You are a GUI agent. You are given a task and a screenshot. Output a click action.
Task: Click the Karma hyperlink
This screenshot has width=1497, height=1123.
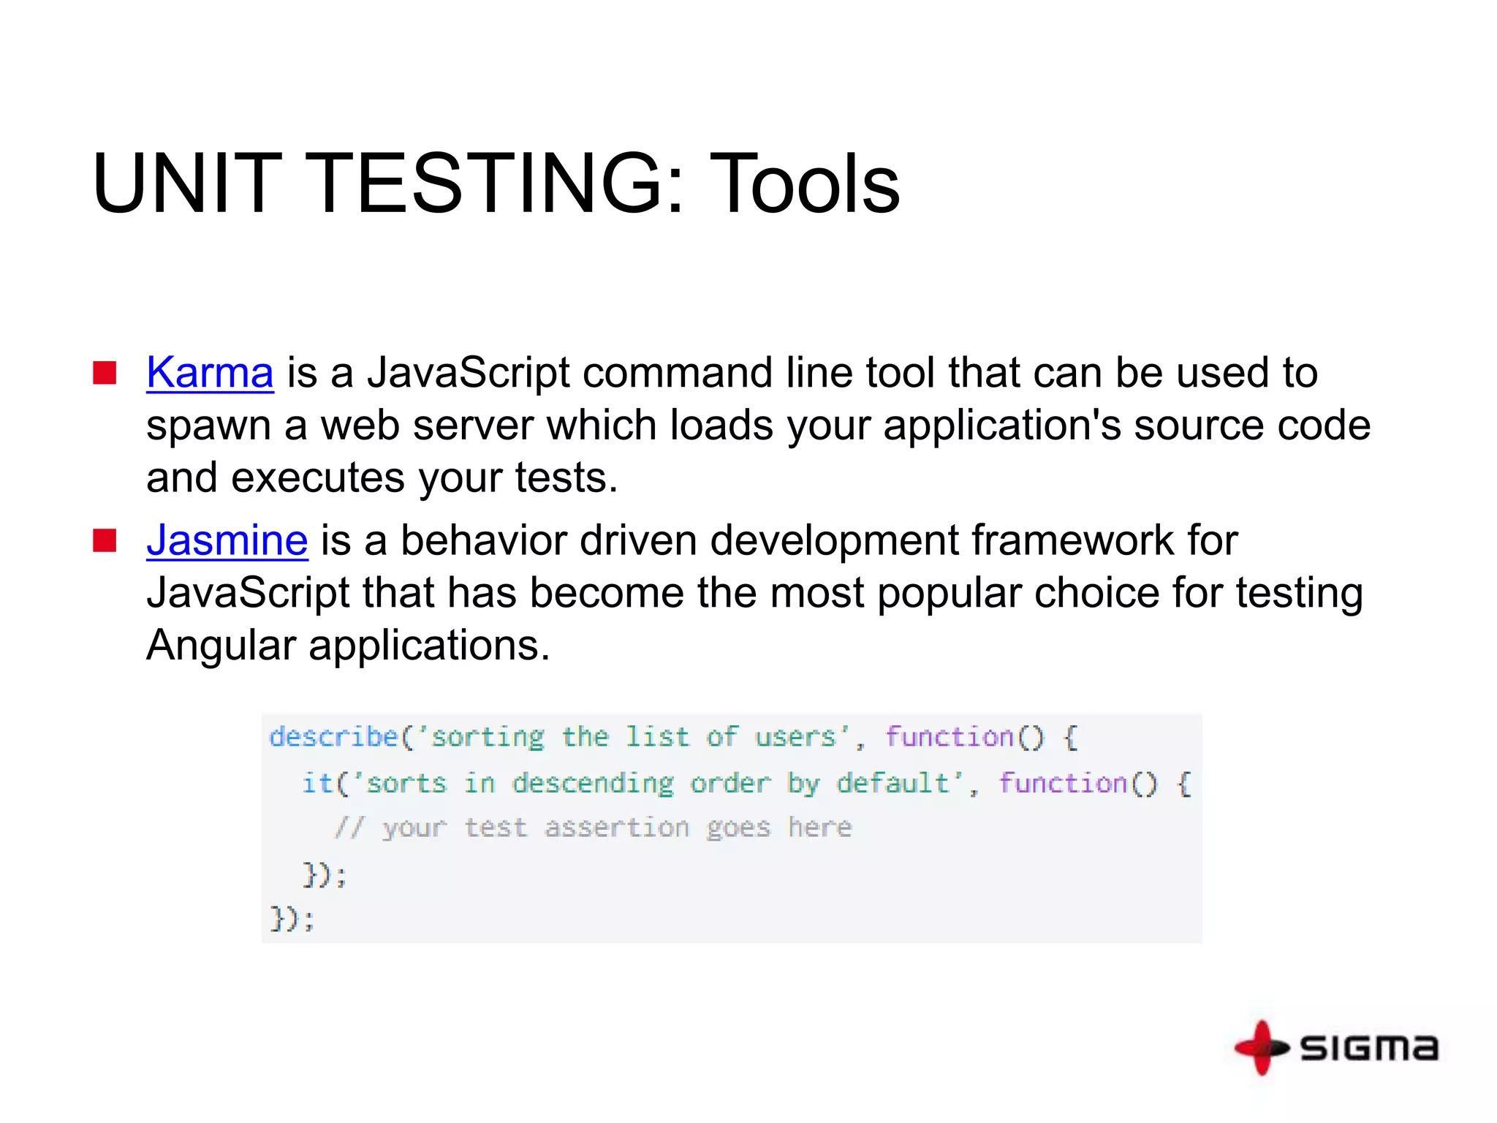tap(210, 372)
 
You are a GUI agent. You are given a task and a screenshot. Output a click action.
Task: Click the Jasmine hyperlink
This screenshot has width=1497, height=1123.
tap(227, 540)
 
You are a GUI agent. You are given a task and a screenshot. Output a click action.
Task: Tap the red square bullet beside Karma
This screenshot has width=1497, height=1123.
tap(105, 373)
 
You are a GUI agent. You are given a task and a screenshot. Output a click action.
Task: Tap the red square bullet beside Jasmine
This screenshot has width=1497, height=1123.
tap(105, 541)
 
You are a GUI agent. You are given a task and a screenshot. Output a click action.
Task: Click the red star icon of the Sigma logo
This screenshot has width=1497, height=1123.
tap(1261, 1048)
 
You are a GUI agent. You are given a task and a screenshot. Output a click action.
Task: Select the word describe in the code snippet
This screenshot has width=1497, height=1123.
tap(333, 736)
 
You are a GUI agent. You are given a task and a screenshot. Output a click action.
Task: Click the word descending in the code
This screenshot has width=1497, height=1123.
tap(593, 783)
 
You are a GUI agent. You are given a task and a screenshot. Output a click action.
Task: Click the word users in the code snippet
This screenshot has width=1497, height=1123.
tap(795, 736)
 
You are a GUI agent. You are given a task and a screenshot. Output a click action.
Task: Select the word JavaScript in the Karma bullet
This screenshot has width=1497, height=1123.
tap(468, 372)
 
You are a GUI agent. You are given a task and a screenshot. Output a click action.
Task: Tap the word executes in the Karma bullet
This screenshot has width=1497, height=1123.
tap(317, 477)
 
